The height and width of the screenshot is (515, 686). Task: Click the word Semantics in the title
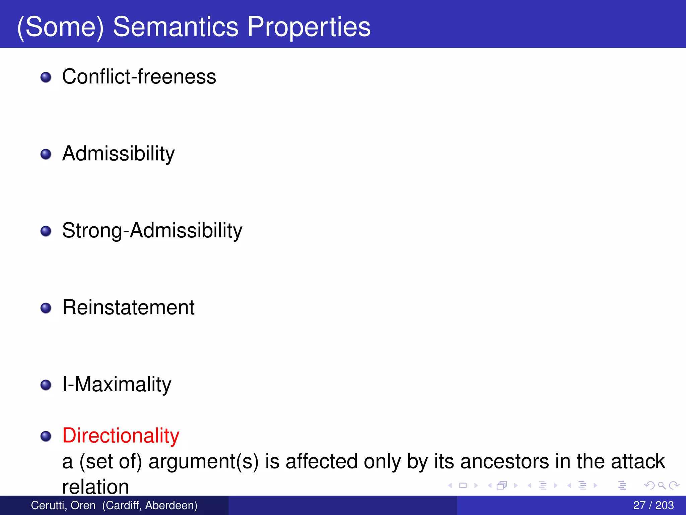[x=176, y=27]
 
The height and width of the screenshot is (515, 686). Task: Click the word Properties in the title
[x=309, y=27]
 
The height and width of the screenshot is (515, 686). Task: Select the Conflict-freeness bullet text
[x=139, y=77]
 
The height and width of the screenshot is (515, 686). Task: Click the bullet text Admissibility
[x=118, y=154]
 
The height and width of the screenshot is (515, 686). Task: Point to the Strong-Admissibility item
[x=152, y=231]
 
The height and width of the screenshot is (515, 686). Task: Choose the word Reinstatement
[x=128, y=307]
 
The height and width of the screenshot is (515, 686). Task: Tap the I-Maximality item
[x=117, y=384]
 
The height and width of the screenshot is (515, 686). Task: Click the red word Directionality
[x=121, y=436]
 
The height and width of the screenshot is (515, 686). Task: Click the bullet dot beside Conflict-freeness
[x=46, y=77]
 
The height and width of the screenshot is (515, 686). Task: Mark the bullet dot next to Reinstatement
[x=46, y=308]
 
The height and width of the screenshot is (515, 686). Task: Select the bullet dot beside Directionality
[x=46, y=436]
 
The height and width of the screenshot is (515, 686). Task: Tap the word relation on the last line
[x=95, y=487]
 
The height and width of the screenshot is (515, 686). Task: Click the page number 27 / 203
[x=653, y=505]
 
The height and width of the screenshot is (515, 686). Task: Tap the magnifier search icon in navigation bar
[x=662, y=485]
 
